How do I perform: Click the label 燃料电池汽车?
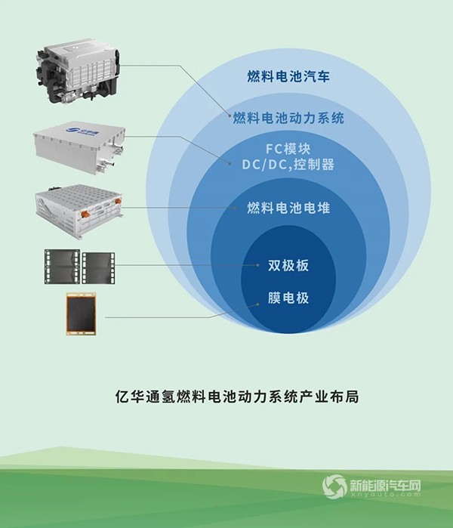(x=288, y=76)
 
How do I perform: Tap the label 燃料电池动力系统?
(x=288, y=118)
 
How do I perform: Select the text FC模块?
(x=288, y=149)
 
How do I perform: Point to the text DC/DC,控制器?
(x=288, y=165)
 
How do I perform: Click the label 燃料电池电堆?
(x=288, y=208)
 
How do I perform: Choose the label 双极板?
(x=288, y=266)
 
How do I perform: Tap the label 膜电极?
(x=288, y=298)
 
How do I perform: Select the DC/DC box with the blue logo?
(x=80, y=147)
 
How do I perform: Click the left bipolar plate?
(x=62, y=267)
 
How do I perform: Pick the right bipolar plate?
(x=98, y=267)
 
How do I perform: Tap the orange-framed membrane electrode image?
(x=82, y=313)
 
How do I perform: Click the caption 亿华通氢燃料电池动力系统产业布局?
(x=237, y=397)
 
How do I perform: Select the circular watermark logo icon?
(x=334, y=486)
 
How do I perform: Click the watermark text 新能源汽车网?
(x=385, y=485)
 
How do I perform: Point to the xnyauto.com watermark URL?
(x=385, y=494)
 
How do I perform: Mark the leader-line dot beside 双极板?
(x=257, y=265)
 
